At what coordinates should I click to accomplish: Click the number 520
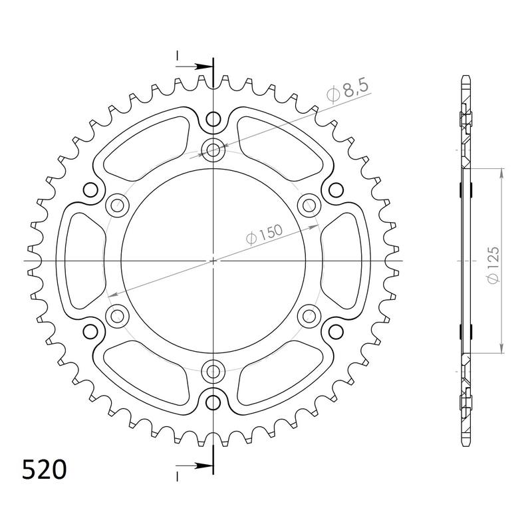[x=44, y=469]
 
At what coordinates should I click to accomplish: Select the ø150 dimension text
[x=264, y=235]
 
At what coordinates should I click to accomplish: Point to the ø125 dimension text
[x=493, y=266]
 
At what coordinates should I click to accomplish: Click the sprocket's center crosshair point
[x=213, y=261]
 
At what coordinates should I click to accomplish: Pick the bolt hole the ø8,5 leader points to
[x=213, y=150]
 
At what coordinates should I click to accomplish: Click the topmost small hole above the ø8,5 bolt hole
[x=213, y=120]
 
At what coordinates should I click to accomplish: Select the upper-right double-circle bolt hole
[x=309, y=205]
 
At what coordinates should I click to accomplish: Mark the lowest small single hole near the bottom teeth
[x=213, y=402]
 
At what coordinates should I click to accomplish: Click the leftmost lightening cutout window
[x=81, y=261]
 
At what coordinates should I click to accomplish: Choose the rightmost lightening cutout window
[x=344, y=261]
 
